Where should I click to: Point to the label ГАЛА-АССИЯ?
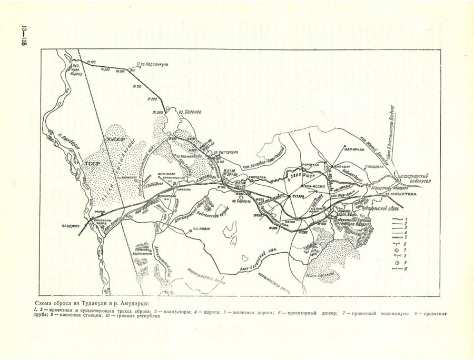[311, 186]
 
